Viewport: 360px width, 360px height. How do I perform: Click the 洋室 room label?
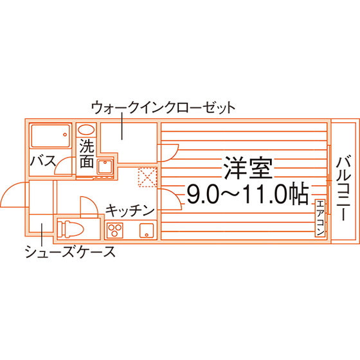[x=248, y=168]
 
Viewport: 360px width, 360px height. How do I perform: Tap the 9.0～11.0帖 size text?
[x=248, y=194]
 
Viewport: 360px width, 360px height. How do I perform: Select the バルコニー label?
[x=344, y=188]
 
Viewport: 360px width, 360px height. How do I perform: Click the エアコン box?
[x=320, y=218]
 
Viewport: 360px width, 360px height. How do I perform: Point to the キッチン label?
[x=130, y=211]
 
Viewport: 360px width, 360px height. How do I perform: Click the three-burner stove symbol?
[x=114, y=230]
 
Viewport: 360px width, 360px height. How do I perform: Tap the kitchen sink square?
[x=147, y=231]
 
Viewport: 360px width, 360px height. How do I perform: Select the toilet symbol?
[x=70, y=229]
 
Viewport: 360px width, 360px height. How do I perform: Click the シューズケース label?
[x=70, y=251]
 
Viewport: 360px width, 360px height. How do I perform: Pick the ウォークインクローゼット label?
[x=163, y=108]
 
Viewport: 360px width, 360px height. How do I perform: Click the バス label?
[x=43, y=161]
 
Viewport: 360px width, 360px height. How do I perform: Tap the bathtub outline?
[x=51, y=136]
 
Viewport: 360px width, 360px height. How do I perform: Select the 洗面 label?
[x=87, y=154]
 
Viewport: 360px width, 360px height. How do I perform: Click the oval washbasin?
[x=86, y=130]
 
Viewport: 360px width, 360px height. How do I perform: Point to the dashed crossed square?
[x=148, y=177]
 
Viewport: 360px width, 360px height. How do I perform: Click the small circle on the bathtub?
[x=65, y=134]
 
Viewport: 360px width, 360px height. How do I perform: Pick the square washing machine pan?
[x=105, y=166]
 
